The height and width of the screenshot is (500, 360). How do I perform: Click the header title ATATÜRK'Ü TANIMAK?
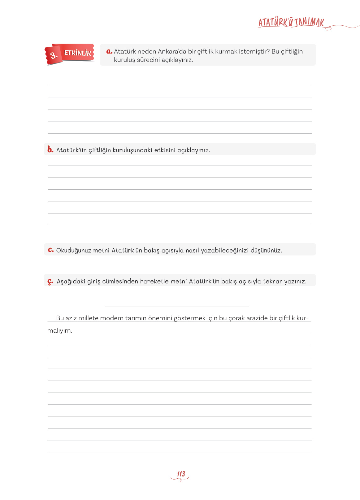291,22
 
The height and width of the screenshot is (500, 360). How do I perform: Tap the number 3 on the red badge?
54,56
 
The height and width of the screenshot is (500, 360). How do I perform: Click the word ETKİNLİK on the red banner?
77,53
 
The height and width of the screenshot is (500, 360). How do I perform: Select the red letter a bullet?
109,51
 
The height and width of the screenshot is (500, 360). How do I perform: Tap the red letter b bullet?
50,149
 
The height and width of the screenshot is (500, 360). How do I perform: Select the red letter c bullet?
51,250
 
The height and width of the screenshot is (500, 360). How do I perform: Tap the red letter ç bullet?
50,281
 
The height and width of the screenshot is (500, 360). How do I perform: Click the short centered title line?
177,306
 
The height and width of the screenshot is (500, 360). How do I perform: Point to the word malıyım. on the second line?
60,330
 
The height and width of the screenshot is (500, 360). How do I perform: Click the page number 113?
181,474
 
